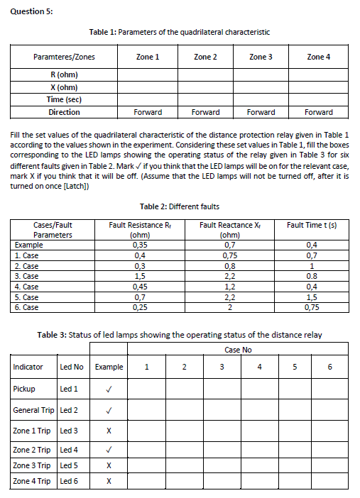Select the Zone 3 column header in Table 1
(261, 57)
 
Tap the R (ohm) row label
(64, 74)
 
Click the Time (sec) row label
(64, 99)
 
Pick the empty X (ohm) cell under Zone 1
(148, 87)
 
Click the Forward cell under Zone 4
(318, 112)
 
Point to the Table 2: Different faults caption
(180, 206)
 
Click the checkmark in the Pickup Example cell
(108, 389)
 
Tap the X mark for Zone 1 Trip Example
(108, 430)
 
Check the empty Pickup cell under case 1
(146, 389)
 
